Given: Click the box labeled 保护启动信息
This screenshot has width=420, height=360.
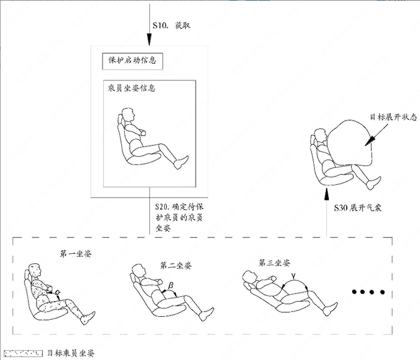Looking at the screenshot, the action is (133, 61).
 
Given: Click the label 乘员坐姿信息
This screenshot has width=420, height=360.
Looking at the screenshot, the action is (131, 88).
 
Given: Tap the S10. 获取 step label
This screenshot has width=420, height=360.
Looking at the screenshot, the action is (172, 25).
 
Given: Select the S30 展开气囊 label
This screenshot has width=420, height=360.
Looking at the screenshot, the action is (358, 208).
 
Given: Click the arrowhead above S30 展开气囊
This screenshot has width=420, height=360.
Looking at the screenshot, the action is (326, 194).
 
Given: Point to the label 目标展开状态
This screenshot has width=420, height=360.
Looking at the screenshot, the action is (394, 117).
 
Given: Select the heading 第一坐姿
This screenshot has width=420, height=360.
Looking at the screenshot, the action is (76, 254).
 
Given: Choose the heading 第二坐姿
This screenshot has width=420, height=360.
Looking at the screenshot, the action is (176, 265).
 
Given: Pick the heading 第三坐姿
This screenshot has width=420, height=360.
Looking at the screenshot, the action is (275, 263).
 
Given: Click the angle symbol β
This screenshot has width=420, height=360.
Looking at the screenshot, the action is (170, 286).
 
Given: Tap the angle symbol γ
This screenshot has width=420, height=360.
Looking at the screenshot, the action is (294, 275).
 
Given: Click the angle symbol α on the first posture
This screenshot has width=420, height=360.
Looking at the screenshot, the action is (58, 292).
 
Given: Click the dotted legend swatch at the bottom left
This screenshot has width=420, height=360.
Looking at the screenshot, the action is (23, 353).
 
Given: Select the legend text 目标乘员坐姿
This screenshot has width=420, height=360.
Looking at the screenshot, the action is (71, 353).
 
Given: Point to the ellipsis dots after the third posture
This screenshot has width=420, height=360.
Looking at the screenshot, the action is (368, 292).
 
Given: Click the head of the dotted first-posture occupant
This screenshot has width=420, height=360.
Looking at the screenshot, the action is (35, 271).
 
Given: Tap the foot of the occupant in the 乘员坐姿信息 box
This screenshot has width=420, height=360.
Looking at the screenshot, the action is (181, 163).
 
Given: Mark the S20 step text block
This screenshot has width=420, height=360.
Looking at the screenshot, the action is (179, 217).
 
